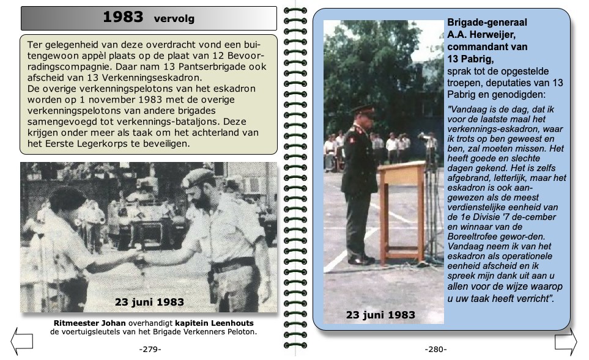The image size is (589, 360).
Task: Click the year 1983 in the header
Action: click(123, 17)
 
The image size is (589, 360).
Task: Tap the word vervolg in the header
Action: click(174, 19)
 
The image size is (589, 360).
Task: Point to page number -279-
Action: click(150, 349)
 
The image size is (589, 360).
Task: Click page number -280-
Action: click(435, 349)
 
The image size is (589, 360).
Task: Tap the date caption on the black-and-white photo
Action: click(149, 302)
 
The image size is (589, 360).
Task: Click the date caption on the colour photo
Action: click(380, 315)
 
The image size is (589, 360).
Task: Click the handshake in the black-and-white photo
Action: click(139, 260)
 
